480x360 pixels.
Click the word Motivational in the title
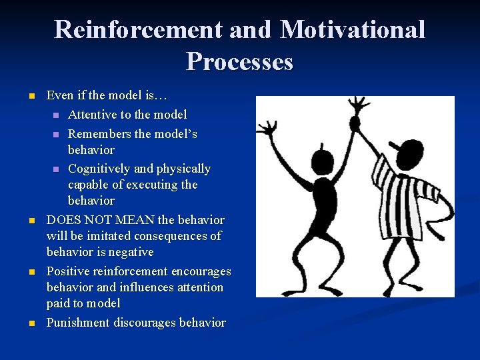coord(353,30)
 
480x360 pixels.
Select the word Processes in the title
coord(239,62)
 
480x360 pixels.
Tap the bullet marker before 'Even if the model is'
coord(31,98)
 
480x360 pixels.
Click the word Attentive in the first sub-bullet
coord(92,115)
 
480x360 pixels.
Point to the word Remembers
coord(99,134)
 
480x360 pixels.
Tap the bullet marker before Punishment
coord(31,323)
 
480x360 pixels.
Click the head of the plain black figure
coord(323,161)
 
